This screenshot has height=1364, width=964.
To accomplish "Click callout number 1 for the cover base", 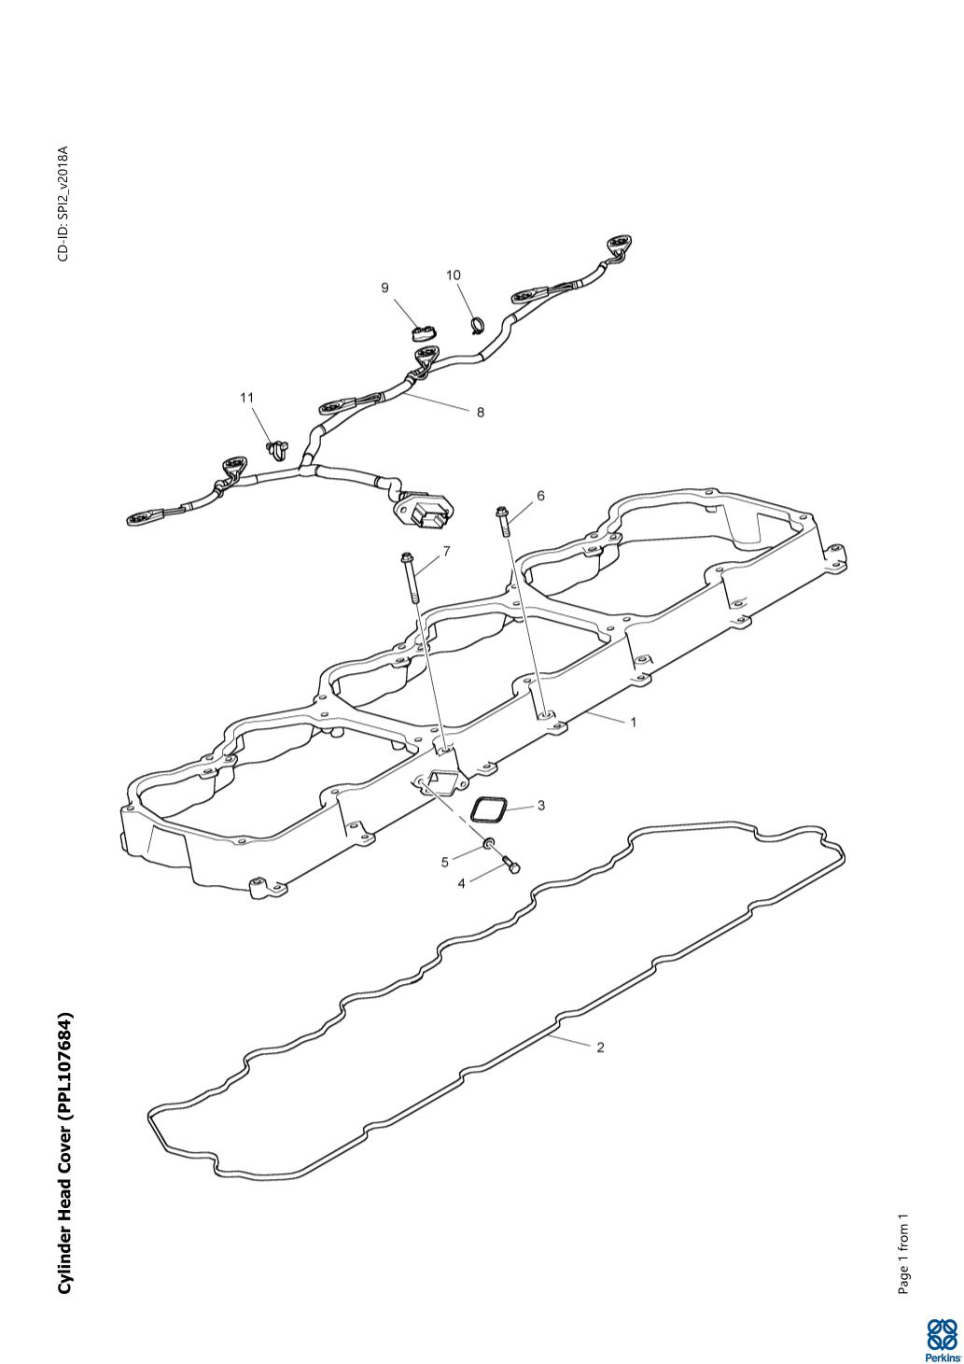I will (634, 722).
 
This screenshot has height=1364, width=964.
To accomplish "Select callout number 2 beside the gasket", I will (600, 1048).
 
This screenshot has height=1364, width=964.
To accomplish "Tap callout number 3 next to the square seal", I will (540, 805).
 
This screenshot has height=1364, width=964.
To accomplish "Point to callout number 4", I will (461, 883).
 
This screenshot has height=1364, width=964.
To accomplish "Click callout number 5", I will (445, 862).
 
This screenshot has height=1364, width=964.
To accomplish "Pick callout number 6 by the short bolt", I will (539, 496).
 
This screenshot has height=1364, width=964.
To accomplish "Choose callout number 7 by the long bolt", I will (446, 552).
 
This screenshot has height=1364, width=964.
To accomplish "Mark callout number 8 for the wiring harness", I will (481, 412).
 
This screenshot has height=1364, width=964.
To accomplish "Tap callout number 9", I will (384, 288).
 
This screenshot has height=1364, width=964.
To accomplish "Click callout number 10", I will (454, 275).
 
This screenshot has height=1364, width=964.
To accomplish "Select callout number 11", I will (247, 398).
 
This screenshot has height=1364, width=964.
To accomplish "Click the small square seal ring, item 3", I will (487, 809).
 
